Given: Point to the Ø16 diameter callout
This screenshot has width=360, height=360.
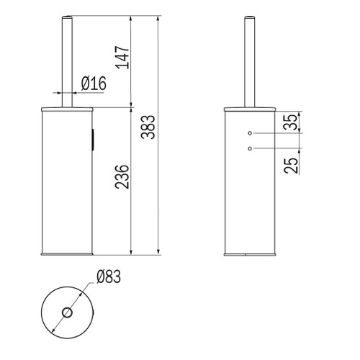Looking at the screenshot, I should pyautogui.click(x=94, y=84).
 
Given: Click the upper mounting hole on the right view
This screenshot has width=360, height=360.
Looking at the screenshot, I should pyautogui.click(x=249, y=134).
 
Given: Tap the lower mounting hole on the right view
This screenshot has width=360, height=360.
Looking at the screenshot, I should pyautogui.click(x=249, y=148).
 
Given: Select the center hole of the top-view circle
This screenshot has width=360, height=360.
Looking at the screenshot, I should pyautogui.click(x=66, y=313).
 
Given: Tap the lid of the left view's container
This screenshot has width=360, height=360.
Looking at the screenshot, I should pyautogui.click(x=66, y=109).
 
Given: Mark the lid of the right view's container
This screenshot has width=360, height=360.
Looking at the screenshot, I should pyautogui.click(x=249, y=109).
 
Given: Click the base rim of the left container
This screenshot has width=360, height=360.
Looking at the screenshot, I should pyautogui.click(x=66, y=253).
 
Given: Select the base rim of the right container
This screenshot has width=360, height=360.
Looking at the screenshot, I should pyautogui.click(x=249, y=253).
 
